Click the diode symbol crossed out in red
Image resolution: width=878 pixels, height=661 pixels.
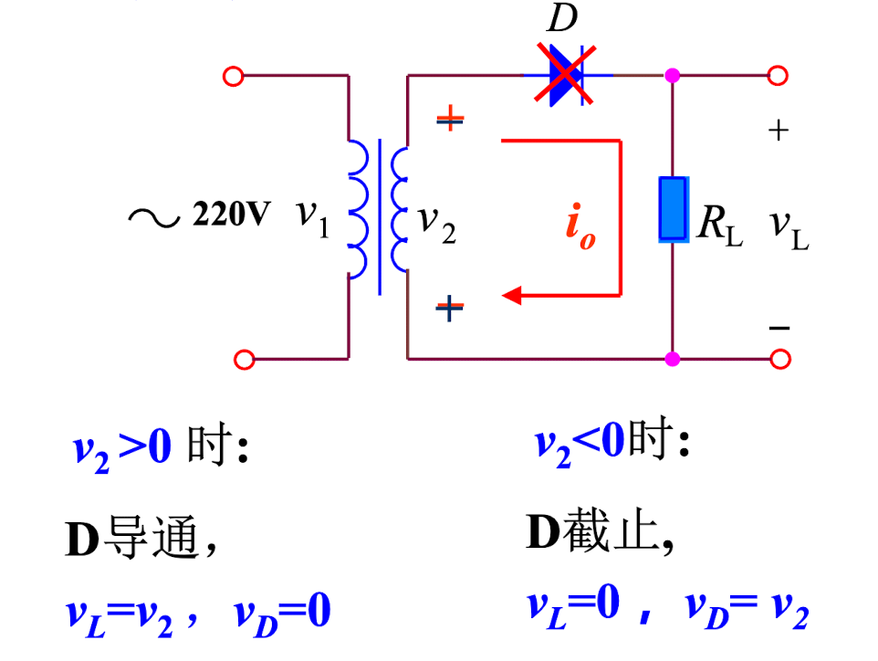point(567,75)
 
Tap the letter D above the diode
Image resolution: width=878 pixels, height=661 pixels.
point(561,18)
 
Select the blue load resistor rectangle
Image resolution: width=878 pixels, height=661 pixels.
point(673,209)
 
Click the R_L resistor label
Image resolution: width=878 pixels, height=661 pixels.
point(720,226)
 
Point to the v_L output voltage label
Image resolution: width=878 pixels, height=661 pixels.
point(789,230)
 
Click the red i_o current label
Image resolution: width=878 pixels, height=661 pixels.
point(580,226)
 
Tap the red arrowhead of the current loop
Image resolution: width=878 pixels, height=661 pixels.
point(512,295)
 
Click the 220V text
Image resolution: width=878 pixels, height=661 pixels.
point(231,214)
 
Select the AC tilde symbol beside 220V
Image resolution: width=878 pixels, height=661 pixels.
point(154,218)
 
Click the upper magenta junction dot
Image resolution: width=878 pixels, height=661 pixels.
point(673,75)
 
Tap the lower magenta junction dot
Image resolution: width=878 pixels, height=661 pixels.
point(673,359)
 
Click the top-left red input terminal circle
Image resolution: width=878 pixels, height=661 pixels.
point(233,76)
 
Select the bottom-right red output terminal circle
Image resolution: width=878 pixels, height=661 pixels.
point(780,359)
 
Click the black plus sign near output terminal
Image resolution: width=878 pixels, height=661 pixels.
point(779,131)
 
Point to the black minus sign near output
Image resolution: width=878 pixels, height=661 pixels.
point(779,328)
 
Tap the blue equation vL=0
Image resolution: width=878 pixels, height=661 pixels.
point(573,606)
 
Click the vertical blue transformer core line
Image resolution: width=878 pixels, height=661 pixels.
point(380,216)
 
